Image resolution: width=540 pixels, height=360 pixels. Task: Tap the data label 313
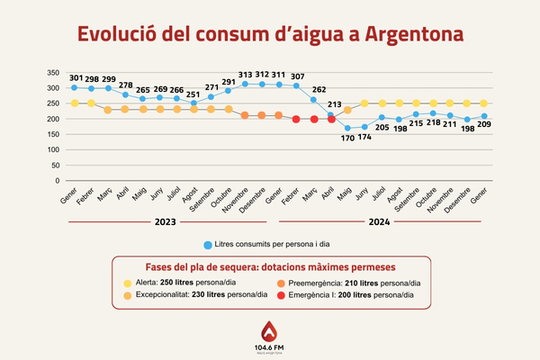tap(246, 75)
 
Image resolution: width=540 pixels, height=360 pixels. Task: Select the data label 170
tap(347, 139)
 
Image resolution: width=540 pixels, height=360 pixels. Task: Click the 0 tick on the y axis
tap(56, 180)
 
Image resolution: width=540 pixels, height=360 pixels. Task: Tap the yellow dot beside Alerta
tap(128, 282)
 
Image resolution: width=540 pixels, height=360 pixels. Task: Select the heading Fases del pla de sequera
tap(270, 267)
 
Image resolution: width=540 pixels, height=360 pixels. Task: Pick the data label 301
tap(76, 77)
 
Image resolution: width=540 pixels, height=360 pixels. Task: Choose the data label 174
tap(365, 139)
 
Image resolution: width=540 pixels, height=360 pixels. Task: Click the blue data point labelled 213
tap(331, 116)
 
